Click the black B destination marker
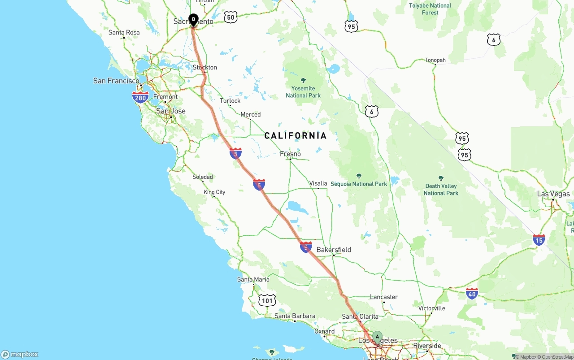pyautogui.click(x=193, y=19)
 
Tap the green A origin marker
pyautogui.click(x=377, y=337)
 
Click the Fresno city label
pyautogui.click(x=290, y=154)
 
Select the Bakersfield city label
pyautogui.click(x=334, y=250)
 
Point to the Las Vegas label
pyautogui.click(x=553, y=194)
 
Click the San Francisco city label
pyautogui.click(x=116, y=81)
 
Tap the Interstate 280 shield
pyautogui.click(x=140, y=97)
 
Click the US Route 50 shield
pyautogui.click(x=230, y=17)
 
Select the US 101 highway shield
pyautogui.click(x=267, y=300)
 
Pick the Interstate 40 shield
pyautogui.click(x=472, y=294)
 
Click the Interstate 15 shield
pyautogui.click(x=539, y=240)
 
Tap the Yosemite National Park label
pyautogui.click(x=303, y=91)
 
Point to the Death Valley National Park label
pyautogui.click(x=441, y=189)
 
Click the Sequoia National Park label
pyautogui.click(x=359, y=184)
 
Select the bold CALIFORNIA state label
pyautogui.click(x=296, y=135)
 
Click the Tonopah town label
pyautogui.click(x=435, y=60)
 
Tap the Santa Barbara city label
pyautogui.click(x=295, y=316)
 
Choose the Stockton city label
pyautogui.click(x=205, y=68)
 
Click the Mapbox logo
pyautogui.click(x=20, y=354)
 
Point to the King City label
pyautogui.click(x=214, y=192)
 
